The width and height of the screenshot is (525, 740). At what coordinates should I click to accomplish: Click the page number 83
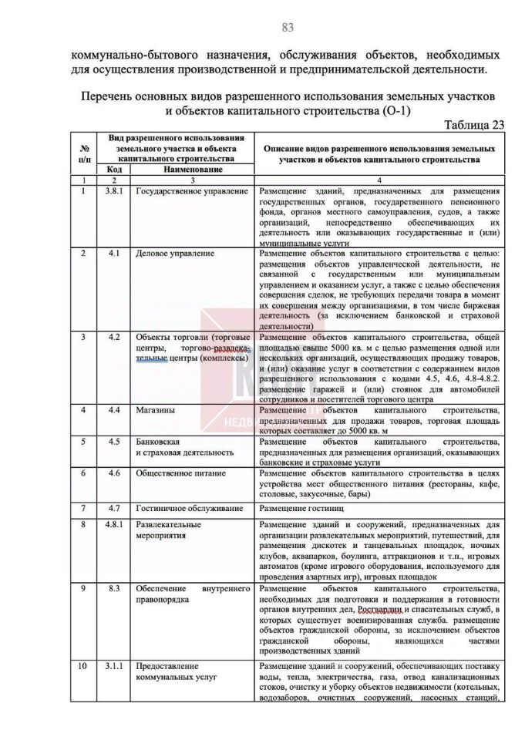click(288, 28)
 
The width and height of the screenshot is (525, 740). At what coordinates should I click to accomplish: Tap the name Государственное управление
click(192, 190)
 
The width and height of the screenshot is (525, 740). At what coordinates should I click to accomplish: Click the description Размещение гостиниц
click(307, 509)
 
